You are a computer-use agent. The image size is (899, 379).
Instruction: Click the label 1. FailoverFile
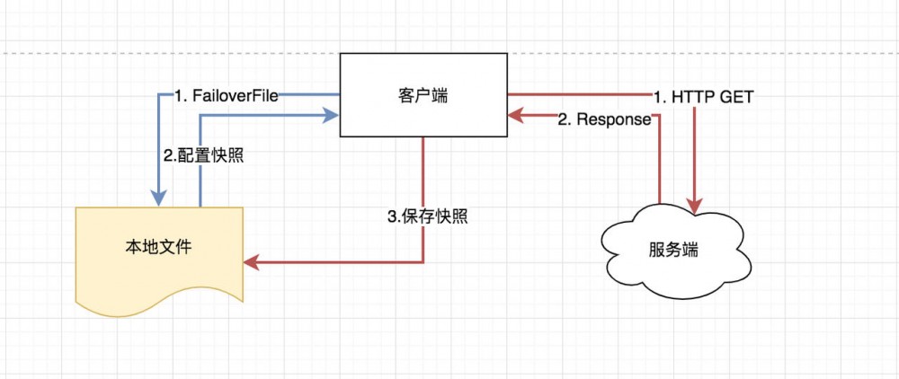(x=226, y=96)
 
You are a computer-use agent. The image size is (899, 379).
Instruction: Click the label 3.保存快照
(x=427, y=216)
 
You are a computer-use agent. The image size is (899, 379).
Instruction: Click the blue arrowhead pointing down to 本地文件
(x=159, y=197)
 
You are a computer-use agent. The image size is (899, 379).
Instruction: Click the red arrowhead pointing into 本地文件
(x=252, y=263)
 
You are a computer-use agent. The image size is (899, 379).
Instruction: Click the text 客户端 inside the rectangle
(x=423, y=95)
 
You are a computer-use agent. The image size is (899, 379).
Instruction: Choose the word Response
(x=612, y=119)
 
